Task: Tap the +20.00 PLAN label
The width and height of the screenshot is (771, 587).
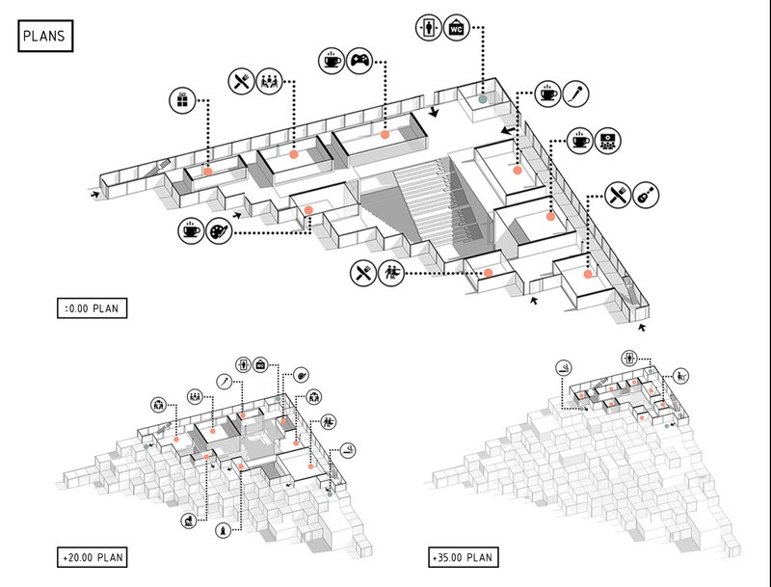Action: (x=93, y=557)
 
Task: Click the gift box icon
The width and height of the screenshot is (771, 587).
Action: (x=181, y=99)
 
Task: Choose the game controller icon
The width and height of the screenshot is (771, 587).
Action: (x=359, y=60)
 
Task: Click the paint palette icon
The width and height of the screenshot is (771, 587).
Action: (x=218, y=232)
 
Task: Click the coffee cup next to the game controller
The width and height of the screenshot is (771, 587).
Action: (x=331, y=60)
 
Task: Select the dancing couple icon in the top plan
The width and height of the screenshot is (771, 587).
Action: (x=391, y=273)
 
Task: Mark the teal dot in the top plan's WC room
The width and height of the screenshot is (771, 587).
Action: (x=483, y=98)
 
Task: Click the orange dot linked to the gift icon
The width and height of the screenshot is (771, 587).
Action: (x=207, y=171)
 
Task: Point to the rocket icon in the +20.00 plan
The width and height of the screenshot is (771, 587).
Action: (x=224, y=529)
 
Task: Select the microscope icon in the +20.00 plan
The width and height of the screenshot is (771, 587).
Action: (x=188, y=520)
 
